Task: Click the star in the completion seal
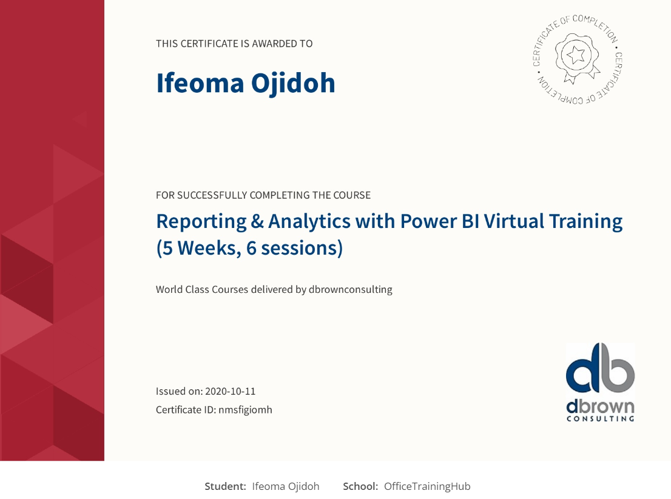[x=576, y=55]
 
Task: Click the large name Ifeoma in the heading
[x=200, y=83]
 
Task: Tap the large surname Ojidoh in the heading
[x=293, y=83]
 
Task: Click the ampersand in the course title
[x=257, y=221]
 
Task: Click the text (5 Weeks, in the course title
[x=198, y=249]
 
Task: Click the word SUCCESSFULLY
[x=212, y=195]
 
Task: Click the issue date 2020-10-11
[x=230, y=391]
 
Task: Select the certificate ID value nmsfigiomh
[x=245, y=410]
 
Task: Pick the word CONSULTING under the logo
[x=601, y=418]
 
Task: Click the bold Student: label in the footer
[x=225, y=487]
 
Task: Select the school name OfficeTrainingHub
[x=427, y=487]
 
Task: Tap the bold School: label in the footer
[x=360, y=487]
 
